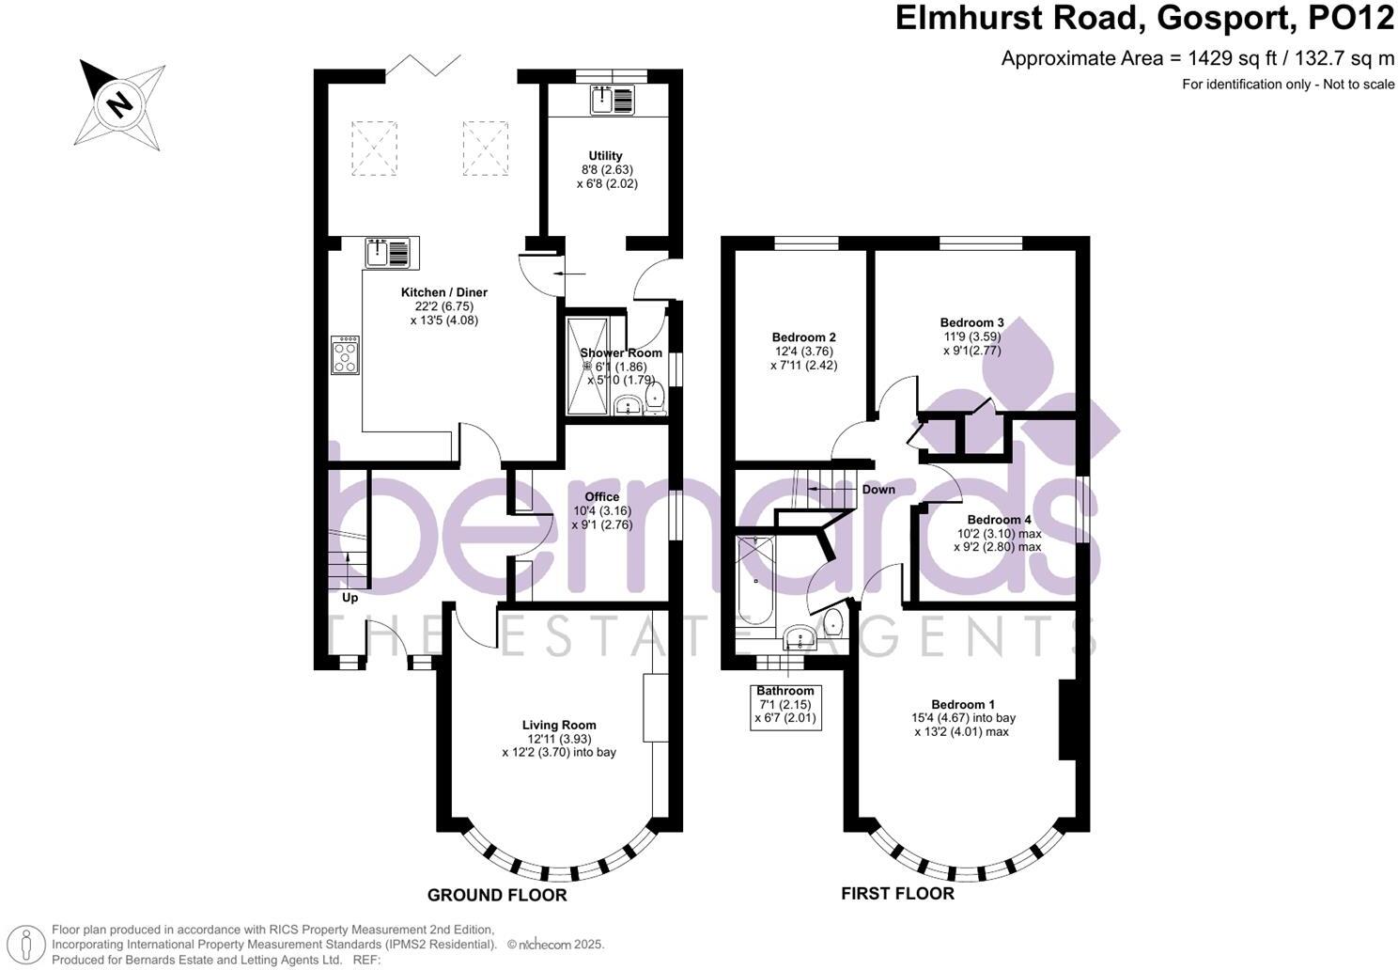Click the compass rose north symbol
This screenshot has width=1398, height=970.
(x=119, y=102)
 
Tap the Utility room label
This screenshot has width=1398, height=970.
(x=606, y=156)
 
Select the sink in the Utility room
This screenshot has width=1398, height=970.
(x=613, y=99)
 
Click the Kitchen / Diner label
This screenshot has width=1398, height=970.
(x=444, y=292)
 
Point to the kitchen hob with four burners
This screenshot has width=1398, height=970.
(x=345, y=355)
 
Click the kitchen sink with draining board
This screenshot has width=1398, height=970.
(x=388, y=253)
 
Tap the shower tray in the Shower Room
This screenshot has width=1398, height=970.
(x=587, y=367)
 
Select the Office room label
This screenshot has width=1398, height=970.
(x=602, y=496)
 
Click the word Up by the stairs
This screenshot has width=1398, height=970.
(x=349, y=598)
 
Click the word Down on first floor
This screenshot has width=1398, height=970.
(x=878, y=490)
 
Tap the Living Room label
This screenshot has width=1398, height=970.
(x=559, y=725)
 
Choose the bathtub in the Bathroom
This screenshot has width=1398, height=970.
(x=755, y=581)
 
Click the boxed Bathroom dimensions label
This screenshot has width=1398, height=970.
(x=785, y=705)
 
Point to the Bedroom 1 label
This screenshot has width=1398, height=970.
(x=963, y=704)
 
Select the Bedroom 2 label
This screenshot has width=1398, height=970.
(x=803, y=337)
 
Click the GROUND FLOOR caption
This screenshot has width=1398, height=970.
(x=497, y=895)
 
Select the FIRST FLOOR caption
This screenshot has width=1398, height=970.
(x=897, y=893)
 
